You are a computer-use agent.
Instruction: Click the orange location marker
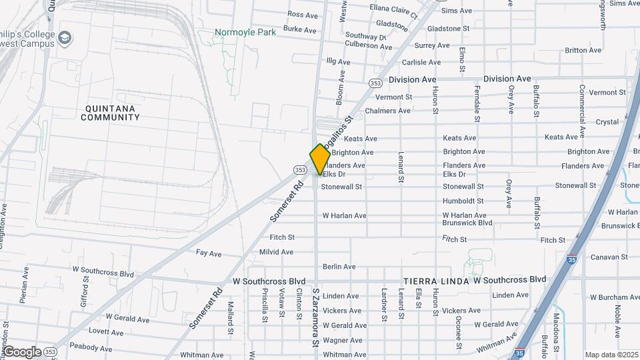click(319, 159)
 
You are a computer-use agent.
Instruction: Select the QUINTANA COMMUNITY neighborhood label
click(110, 113)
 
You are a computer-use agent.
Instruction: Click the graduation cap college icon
click(65, 37)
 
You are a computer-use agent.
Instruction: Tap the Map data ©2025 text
click(611, 355)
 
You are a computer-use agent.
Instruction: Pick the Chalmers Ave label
click(388, 111)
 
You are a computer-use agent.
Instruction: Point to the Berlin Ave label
click(339, 267)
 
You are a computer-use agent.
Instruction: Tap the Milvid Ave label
click(276, 252)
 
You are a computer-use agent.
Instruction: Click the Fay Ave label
click(209, 254)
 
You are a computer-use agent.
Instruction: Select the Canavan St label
click(609, 257)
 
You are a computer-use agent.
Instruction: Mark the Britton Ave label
click(583, 51)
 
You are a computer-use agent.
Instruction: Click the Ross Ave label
click(303, 15)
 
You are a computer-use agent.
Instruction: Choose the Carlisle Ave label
click(421, 62)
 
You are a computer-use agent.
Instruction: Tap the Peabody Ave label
click(91, 348)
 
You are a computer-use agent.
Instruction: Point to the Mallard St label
click(231, 318)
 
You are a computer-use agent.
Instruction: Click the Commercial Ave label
click(582, 103)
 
